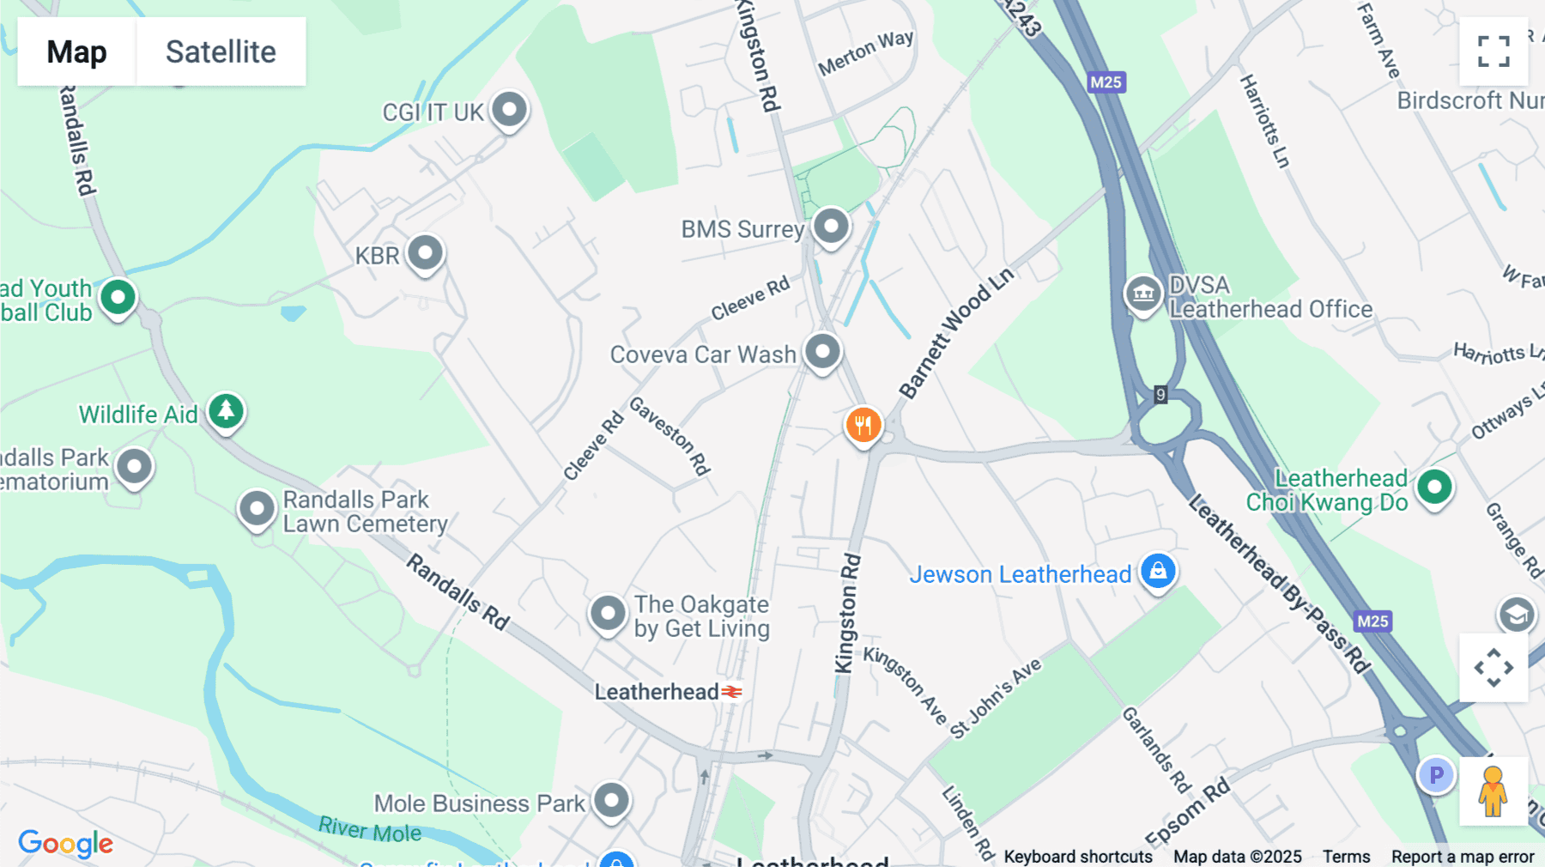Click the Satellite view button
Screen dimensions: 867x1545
(x=221, y=52)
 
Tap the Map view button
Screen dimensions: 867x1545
(x=76, y=52)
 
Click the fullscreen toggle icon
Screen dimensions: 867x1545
(x=1493, y=52)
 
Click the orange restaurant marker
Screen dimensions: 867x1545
(x=863, y=424)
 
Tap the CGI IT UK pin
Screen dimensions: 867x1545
(x=510, y=110)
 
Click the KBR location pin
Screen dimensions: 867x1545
(x=425, y=253)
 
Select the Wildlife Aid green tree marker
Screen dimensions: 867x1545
(x=226, y=411)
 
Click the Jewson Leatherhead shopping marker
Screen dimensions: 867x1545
(x=1157, y=571)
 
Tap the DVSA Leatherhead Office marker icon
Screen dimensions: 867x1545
(x=1143, y=294)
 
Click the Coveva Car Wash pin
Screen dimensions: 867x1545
(x=822, y=352)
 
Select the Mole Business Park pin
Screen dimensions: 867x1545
(x=611, y=801)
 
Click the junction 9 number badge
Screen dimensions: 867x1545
(x=1160, y=394)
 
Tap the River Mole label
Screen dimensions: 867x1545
(x=370, y=830)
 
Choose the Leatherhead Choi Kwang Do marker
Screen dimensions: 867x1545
(x=1434, y=488)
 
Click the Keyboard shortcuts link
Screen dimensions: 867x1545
(x=1078, y=857)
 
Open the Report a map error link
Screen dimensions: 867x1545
(x=1463, y=857)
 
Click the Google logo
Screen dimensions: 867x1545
(x=65, y=843)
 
